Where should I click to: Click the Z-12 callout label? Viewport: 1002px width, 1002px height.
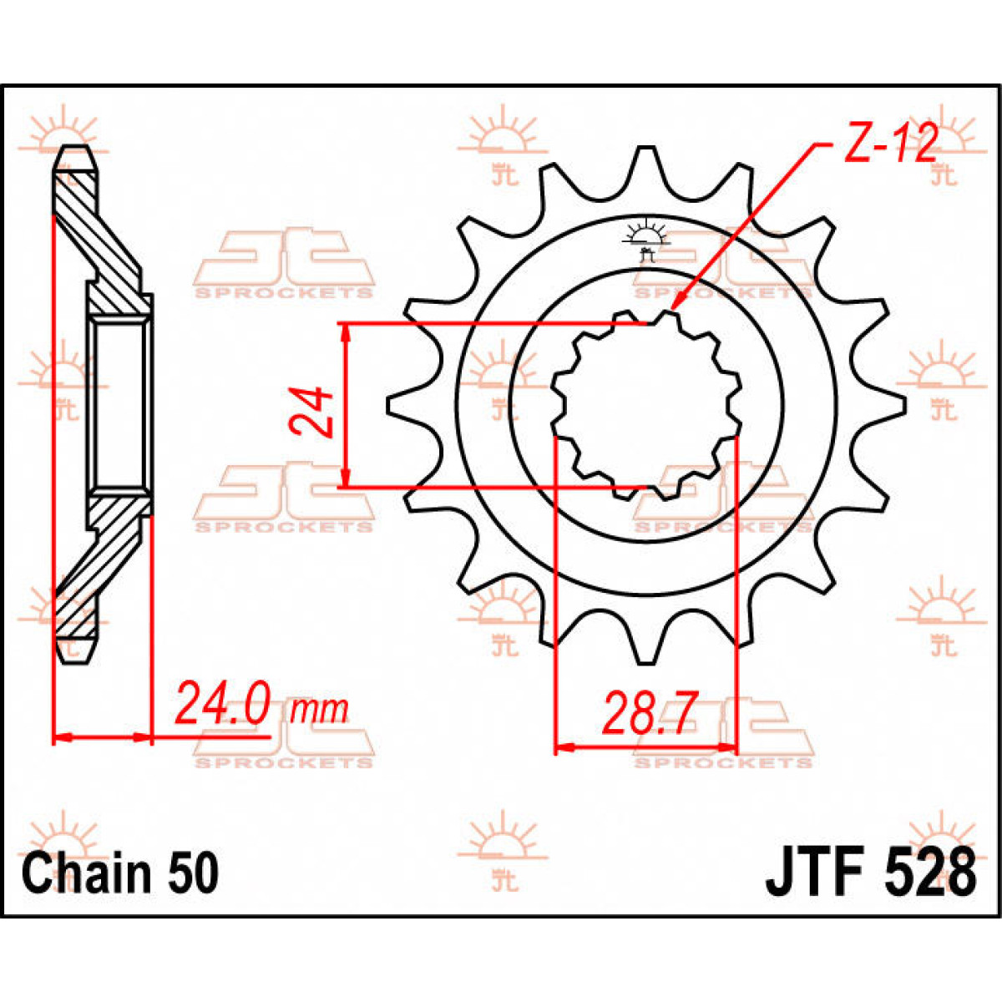pyautogui.click(x=890, y=144)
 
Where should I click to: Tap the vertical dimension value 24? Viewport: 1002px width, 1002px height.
pyautogui.click(x=311, y=412)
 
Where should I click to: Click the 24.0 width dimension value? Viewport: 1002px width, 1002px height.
pyautogui.click(x=222, y=706)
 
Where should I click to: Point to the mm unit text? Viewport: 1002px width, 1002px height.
pyautogui.click(x=318, y=711)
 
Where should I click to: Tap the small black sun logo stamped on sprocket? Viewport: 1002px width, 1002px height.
pyautogui.click(x=643, y=238)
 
